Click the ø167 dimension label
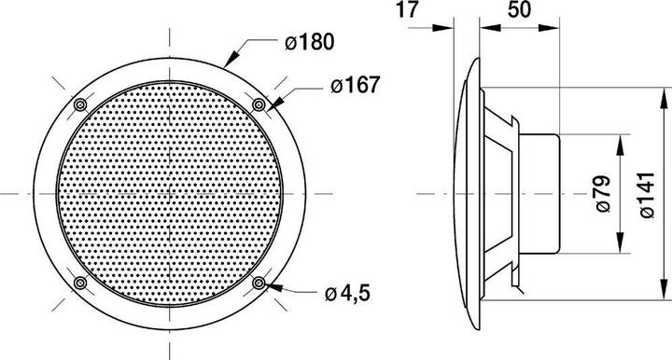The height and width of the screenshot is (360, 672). click(x=353, y=85)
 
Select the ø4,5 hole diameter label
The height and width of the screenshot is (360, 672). click(x=348, y=294)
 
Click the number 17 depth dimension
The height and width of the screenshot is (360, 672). click(x=404, y=12)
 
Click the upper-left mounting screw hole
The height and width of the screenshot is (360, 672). click(x=80, y=103)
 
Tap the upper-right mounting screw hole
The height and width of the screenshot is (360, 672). click(x=262, y=104)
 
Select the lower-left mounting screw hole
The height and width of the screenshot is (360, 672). click(x=80, y=283)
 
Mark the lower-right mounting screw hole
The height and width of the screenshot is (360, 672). click(x=262, y=283)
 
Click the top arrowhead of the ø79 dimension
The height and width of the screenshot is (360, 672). click(x=620, y=138)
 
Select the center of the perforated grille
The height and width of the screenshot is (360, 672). click(x=172, y=193)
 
